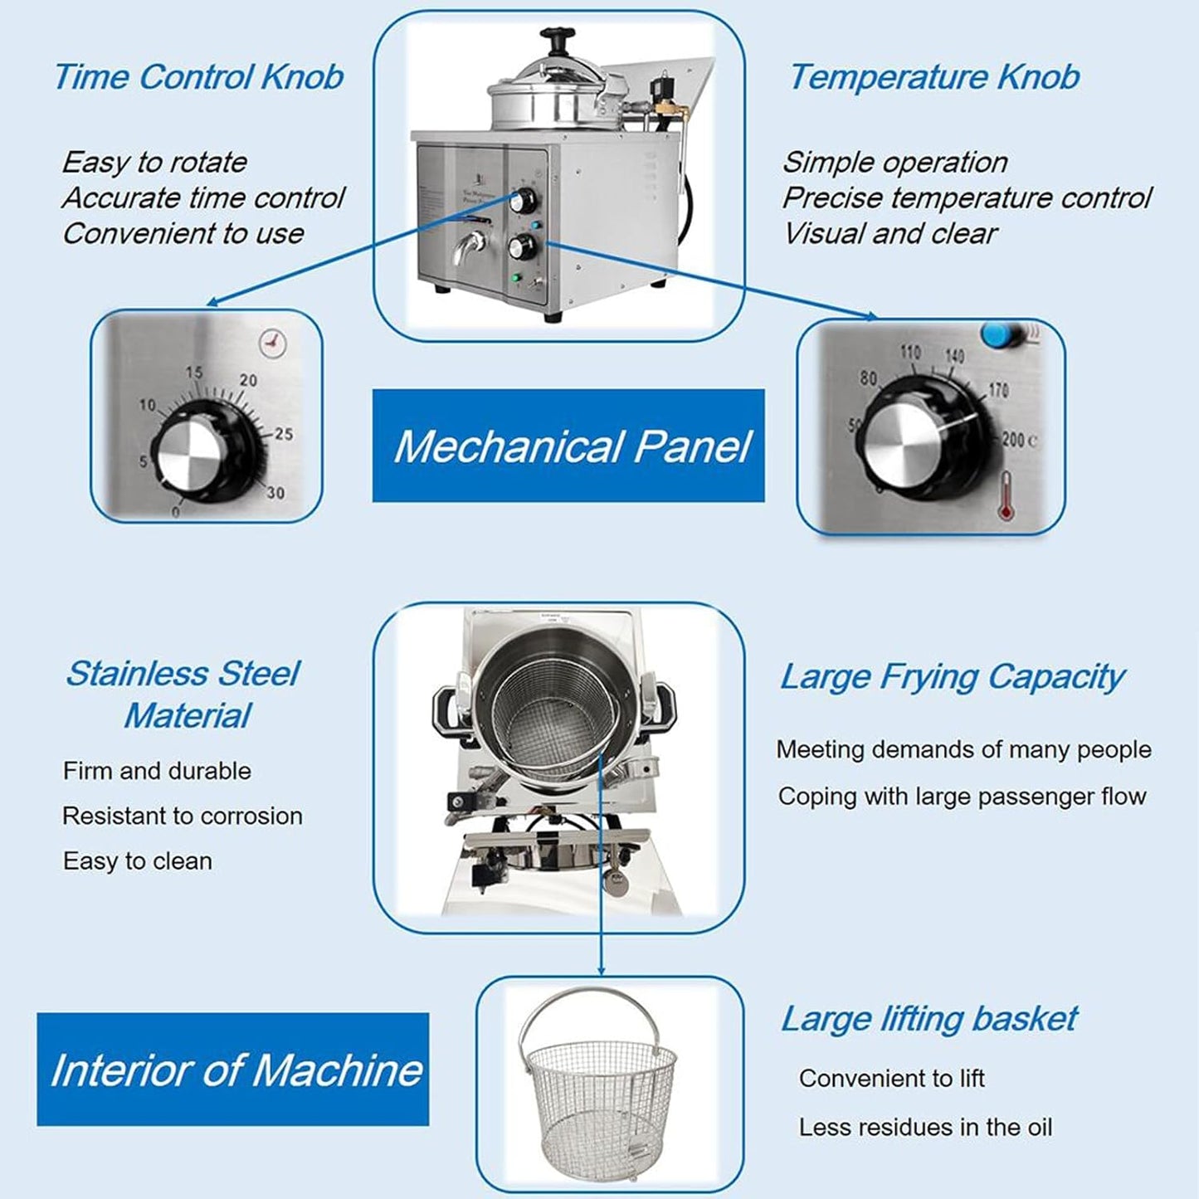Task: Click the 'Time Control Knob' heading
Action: point(198,77)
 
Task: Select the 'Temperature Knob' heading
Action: point(933,77)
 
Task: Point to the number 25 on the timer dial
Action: point(284,434)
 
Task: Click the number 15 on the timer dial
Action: point(194,373)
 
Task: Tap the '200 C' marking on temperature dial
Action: point(1019,439)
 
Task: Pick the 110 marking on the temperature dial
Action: point(910,353)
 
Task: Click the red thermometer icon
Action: point(1006,495)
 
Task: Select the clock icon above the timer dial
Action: point(272,343)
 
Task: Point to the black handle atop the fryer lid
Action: point(558,39)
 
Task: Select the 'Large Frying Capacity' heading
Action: point(952,676)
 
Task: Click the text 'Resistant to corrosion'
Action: point(183,816)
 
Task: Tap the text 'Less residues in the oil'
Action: point(925,1127)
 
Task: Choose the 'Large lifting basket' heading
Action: point(928,1018)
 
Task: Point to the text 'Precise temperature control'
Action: point(967,197)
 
